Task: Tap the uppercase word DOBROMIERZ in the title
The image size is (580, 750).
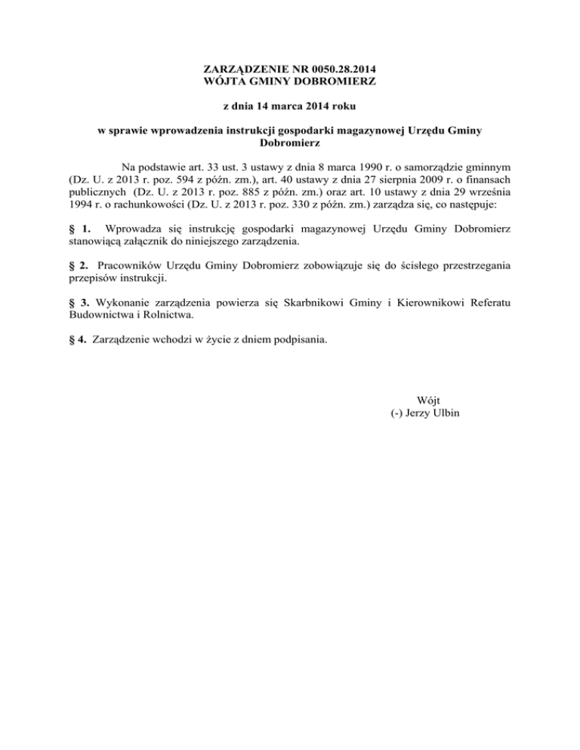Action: point(334,80)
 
